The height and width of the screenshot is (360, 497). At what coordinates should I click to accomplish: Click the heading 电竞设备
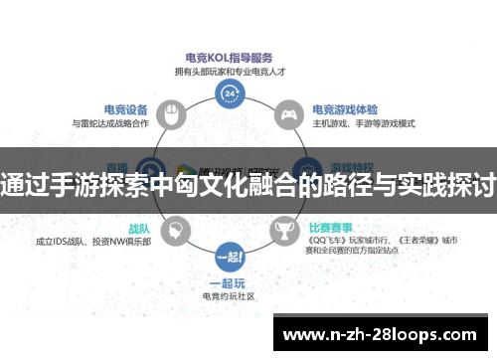(126, 109)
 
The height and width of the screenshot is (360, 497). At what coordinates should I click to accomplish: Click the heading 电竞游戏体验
(347, 109)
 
